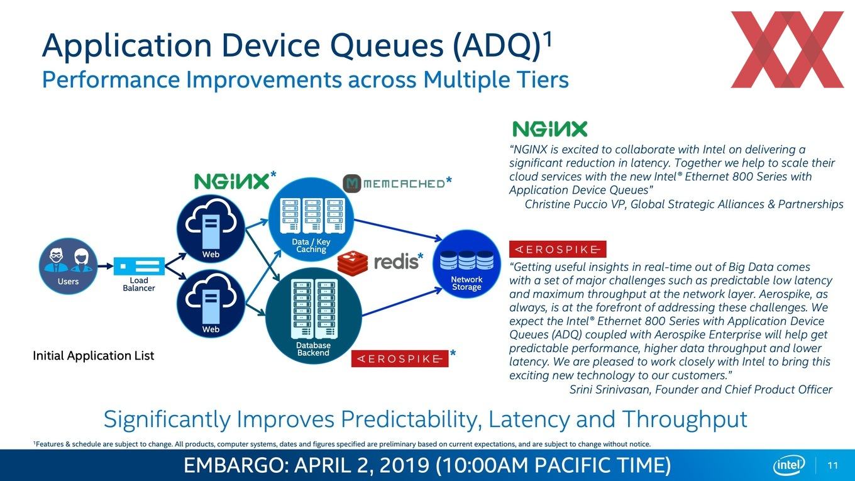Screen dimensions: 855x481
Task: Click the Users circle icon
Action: pyautogui.click(x=69, y=266)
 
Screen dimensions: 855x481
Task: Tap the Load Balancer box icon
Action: pyautogui.click(x=139, y=266)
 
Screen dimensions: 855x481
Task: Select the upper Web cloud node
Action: pyautogui.click(x=211, y=229)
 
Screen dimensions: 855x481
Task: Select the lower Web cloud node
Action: pyautogui.click(x=211, y=304)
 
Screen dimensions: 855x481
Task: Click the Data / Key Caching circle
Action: pyautogui.click(x=311, y=220)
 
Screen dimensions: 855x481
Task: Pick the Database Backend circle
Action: pyautogui.click(x=313, y=316)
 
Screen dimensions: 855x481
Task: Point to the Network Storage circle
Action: pyautogui.click(x=466, y=264)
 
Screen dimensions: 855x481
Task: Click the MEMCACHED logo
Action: pyautogui.click(x=397, y=183)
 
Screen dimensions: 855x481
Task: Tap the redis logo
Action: pyautogui.click(x=380, y=263)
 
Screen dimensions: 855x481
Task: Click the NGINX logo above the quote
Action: pyautogui.click(x=549, y=129)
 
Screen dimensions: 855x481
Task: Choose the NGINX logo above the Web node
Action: pyautogui.click(x=234, y=180)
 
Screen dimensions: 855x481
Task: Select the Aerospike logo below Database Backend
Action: pyautogui.click(x=400, y=358)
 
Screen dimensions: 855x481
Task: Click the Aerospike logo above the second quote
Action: pyautogui.click(x=558, y=249)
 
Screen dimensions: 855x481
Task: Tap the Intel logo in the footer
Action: pyautogui.click(x=789, y=465)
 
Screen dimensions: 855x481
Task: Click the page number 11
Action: pyautogui.click(x=833, y=466)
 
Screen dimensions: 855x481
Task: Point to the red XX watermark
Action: pyautogui.click(x=787, y=50)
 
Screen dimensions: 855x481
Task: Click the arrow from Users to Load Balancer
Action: pyautogui.click(x=103, y=266)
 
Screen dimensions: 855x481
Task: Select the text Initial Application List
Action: pyautogui.click(x=94, y=356)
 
